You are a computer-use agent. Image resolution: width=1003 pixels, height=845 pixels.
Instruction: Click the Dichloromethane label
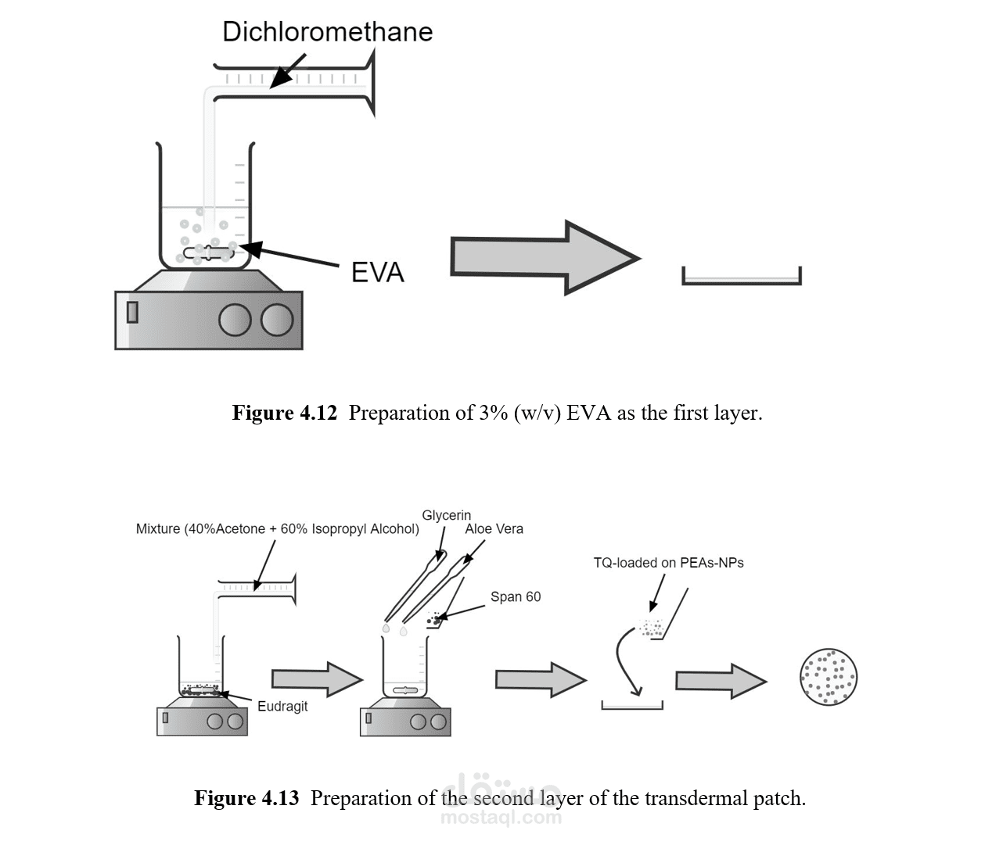pos(328,32)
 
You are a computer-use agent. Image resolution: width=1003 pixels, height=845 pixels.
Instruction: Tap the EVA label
pos(378,272)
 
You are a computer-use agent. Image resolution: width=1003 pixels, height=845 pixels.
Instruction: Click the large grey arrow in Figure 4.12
pos(545,258)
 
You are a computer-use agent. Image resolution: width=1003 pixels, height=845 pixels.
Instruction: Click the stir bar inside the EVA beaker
pos(209,252)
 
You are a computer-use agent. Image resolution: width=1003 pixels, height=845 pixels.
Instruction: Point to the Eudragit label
pos(282,706)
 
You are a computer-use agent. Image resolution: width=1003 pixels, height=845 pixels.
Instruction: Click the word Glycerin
pos(446,516)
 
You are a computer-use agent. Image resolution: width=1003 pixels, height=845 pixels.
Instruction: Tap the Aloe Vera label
pos(494,529)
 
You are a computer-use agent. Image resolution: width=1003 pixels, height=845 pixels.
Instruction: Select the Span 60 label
pos(516,596)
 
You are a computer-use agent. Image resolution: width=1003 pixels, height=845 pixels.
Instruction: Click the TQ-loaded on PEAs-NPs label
pos(668,563)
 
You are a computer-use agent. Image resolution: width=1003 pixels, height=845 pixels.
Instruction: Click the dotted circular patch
pos(829,677)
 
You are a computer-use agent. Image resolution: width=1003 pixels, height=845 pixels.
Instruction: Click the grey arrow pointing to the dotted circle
pos(721,681)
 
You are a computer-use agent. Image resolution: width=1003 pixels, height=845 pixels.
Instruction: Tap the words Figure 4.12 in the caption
pos(284,413)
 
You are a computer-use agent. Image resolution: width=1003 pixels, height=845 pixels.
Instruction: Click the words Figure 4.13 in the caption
pos(246,798)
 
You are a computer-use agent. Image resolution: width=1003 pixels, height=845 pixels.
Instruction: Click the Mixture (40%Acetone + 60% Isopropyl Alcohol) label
pos(277,529)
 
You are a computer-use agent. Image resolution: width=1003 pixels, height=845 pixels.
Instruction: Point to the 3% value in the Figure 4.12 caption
pos(493,413)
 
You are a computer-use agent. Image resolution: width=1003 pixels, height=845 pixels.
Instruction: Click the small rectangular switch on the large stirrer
pos(132,312)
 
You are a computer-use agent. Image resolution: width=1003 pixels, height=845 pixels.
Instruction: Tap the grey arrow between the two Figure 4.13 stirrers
pos(317,679)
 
